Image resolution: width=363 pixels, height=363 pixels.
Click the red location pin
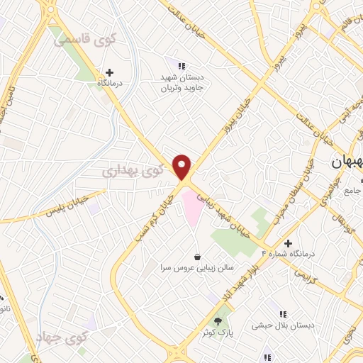[x=183, y=166]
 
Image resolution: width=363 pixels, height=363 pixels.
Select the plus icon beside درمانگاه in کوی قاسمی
[x=109, y=72]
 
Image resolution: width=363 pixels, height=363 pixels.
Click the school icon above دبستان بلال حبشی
[x=284, y=314]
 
